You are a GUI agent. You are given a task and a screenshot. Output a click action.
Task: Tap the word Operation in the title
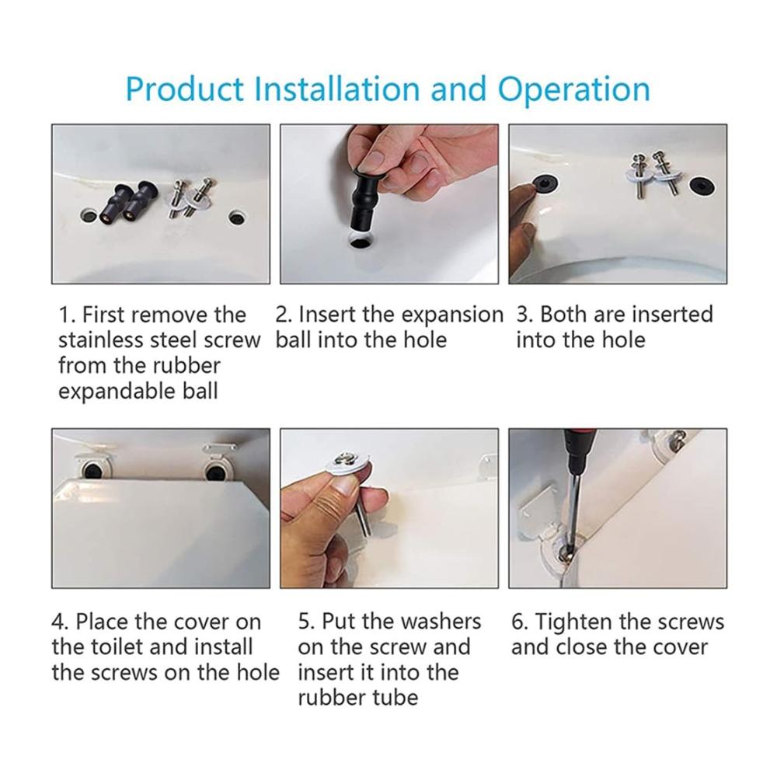click(x=574, y=89)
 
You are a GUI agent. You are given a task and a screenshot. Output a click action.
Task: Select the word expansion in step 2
click(x=452, y=315)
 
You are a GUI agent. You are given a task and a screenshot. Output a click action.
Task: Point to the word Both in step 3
click(x=563, y=314)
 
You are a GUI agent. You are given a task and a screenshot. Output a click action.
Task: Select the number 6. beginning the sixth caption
click(x=519, y=622)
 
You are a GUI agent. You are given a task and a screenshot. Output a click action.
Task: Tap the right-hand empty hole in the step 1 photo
click(x=236, y=217)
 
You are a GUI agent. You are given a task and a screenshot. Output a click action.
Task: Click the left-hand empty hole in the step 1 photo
click(x=89, y=215)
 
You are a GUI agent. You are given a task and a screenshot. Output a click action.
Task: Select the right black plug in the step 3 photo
click(x=702, y=186)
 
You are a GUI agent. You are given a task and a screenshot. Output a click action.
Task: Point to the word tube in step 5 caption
click(x=399, y=698)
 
